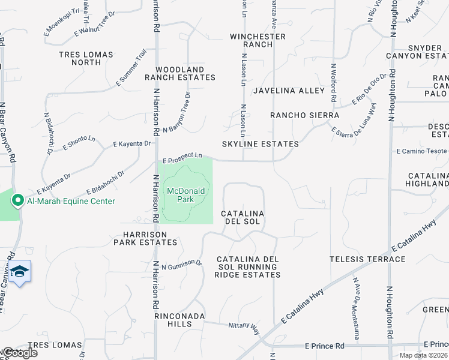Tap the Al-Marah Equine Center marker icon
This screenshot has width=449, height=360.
[18, 201]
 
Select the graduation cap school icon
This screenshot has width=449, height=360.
[19, 273]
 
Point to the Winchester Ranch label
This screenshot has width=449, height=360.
[258, 41]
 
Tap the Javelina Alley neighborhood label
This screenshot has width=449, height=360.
[288, 91]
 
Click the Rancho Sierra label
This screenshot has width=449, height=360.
[304, 115]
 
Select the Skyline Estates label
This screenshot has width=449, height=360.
[260, 144]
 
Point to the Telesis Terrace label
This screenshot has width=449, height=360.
[367, 259]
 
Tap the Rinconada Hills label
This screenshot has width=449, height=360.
[180, 320]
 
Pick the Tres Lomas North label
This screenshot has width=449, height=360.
[86, 58]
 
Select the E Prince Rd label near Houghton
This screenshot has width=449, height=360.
[324, 346]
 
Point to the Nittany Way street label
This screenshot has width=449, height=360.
[243, 328]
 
